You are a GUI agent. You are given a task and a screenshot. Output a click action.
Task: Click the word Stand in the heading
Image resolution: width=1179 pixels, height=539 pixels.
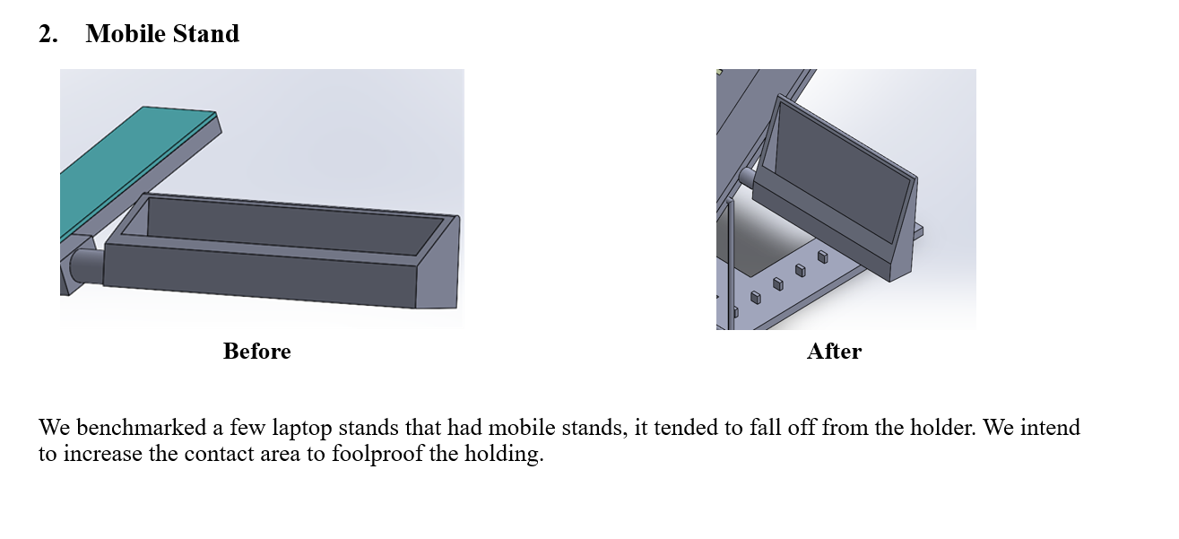pyautogui.click(x=206, y=34)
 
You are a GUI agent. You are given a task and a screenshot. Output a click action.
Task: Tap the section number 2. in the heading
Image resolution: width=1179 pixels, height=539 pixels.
pyautogui.click(x=48, y=34)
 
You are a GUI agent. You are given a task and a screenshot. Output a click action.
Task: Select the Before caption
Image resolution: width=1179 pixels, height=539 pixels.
pyautogui.click(x=256, y=351)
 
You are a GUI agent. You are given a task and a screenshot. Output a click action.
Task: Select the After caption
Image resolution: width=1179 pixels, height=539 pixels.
pyautogui.click(x=834, y=351)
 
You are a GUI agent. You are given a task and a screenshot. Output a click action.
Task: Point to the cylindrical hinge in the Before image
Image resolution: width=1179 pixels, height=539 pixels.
pyautogui.click(x=87, y=266)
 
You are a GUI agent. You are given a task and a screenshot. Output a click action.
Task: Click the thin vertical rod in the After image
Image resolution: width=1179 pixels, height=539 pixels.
pyautogui.click(x=730, y=263)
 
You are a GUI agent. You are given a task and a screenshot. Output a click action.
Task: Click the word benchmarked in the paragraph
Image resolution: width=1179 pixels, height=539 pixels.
pyautogui.click(x=142, y=428)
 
